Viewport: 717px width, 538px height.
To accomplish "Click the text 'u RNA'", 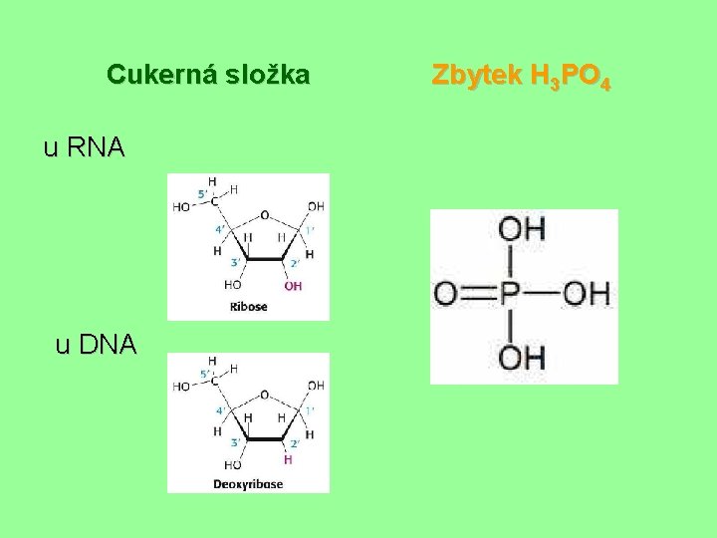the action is [x=85, y=148].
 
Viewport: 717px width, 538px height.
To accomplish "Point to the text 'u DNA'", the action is [x=96, y=345].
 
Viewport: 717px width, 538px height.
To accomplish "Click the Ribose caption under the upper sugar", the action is [x=248, y=307].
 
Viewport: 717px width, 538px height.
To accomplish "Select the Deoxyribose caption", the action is [x=248, y=483].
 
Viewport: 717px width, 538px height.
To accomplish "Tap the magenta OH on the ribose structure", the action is [x=293, y=286].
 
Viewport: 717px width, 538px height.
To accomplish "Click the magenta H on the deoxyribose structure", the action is [x=288, y=460].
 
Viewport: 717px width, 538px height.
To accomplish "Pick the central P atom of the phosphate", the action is [x=511, y=294].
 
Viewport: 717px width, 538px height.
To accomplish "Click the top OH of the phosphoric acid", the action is [x=521, y=230].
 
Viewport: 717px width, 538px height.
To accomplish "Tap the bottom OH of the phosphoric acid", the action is [x=521, y=357].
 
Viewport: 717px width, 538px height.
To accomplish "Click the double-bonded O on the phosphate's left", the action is [x=446, y=294].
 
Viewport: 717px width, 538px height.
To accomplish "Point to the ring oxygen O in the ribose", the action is [x=264, y=214].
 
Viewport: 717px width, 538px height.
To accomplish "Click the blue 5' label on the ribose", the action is [x=203, y=192].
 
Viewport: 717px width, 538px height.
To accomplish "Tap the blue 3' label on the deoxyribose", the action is [x=235, y=440].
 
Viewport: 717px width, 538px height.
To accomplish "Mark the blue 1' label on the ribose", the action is [x=309, y=230].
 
